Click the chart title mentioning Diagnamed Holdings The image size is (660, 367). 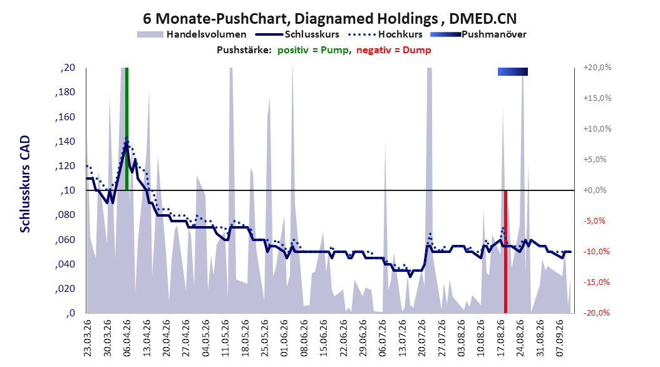coord(329,19)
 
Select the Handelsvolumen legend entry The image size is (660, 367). coord(192,34)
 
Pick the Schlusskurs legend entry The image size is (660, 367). coord(297,34)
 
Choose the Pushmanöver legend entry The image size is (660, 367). coord(478,34)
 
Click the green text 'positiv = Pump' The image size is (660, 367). coord(312,50)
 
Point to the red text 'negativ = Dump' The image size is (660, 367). coord(394,50)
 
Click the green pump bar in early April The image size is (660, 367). coord(126,129)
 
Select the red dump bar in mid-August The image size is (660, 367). coord(505,252)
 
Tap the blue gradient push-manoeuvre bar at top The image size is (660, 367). coord(513,71)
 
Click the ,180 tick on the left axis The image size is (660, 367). coord(65,92)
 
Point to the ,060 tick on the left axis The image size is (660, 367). coord(65,240)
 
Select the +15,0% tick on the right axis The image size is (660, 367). coord(597,98)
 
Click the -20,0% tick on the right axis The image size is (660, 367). coord(596,313)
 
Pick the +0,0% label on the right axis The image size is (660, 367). coord(595,190)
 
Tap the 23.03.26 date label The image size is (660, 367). coord(87,338)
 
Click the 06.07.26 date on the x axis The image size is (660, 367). coord(382,338)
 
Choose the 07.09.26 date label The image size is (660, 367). coord(559,338)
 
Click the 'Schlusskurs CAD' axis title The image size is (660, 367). coord(25,184)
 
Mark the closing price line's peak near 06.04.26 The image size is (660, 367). coord(126,142)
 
